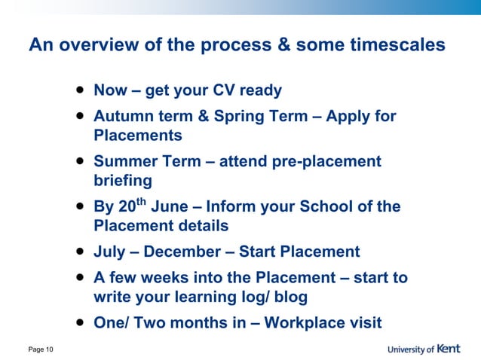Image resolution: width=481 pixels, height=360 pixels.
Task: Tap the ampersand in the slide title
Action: (283, 45)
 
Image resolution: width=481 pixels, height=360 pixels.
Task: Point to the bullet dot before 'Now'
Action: (79, 90)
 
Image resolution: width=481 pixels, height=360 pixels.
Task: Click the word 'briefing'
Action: (123, 181)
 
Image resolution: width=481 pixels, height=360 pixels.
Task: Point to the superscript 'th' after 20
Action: (141, 201)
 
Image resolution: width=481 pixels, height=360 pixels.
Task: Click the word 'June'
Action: (169, 206)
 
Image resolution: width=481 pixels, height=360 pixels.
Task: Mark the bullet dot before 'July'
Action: (79, 251)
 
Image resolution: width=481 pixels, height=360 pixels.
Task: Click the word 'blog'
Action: (289, 297)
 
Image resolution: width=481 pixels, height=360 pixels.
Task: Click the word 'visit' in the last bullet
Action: (365, 323)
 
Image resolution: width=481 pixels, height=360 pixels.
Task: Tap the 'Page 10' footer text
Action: (40, 349)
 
